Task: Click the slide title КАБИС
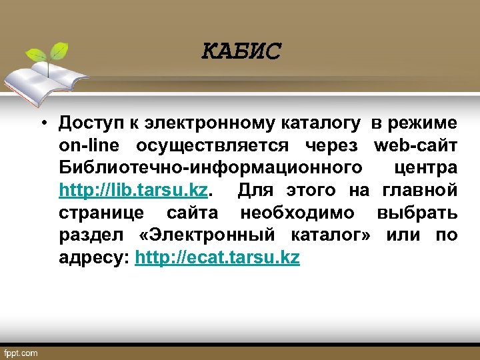[x=242, y=51]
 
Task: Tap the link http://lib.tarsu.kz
[x=133, y=191]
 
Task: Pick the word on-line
[x=90, y=146]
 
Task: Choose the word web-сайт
[x=416, y=146]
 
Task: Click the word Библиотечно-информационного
[x=211, y=169]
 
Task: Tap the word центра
[x=426, y=169]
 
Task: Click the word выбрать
[x=417, y=214]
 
